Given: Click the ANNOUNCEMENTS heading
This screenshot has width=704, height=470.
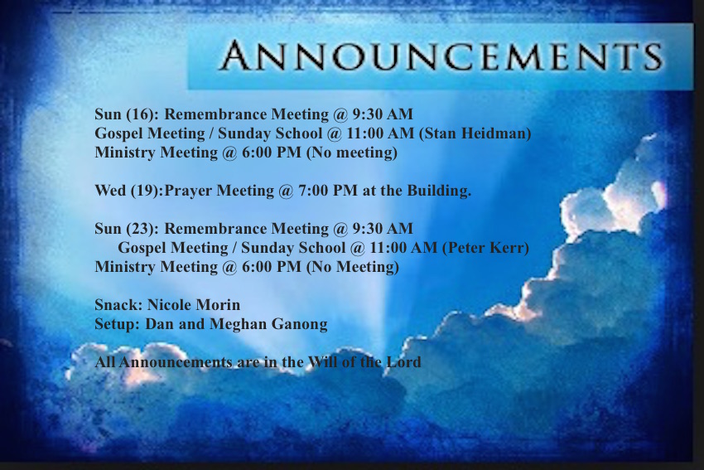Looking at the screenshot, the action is click(441, 56).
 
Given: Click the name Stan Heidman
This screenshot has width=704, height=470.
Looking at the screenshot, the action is click(475, 133).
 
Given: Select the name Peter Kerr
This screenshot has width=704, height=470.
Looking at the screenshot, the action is click(486, 248).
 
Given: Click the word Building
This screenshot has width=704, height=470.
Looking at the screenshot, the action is click(439, 191).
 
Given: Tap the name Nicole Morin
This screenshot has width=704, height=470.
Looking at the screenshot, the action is click(194, 305).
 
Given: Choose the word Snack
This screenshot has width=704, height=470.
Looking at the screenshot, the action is click(118, 305).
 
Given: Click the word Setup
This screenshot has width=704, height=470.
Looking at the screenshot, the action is click(117, 324).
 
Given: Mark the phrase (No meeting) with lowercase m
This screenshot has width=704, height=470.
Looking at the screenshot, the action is click(352, 153).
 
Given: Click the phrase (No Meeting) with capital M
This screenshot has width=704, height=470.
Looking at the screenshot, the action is click(353, 268).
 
